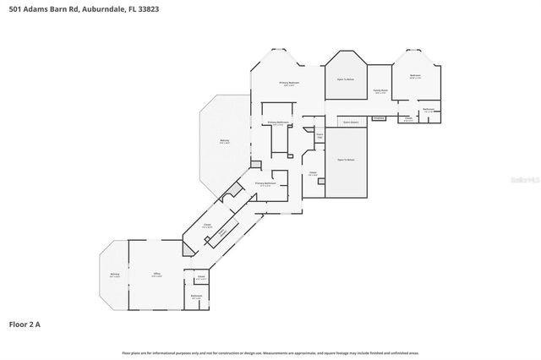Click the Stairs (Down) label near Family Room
click(351, 122)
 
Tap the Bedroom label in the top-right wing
click(415, 76)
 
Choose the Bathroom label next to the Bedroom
click(429, 110)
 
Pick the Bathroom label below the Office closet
click(196, 297)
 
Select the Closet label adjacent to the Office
click(201, 277)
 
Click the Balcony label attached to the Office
click(114, 275)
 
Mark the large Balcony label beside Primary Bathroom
click(224, 141)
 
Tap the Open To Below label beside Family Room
click(346, 79)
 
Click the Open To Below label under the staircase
click(346, 160)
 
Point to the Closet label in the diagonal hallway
click(206, 225)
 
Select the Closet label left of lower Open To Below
click(313, 173)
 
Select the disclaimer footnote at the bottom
click(270, 352)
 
